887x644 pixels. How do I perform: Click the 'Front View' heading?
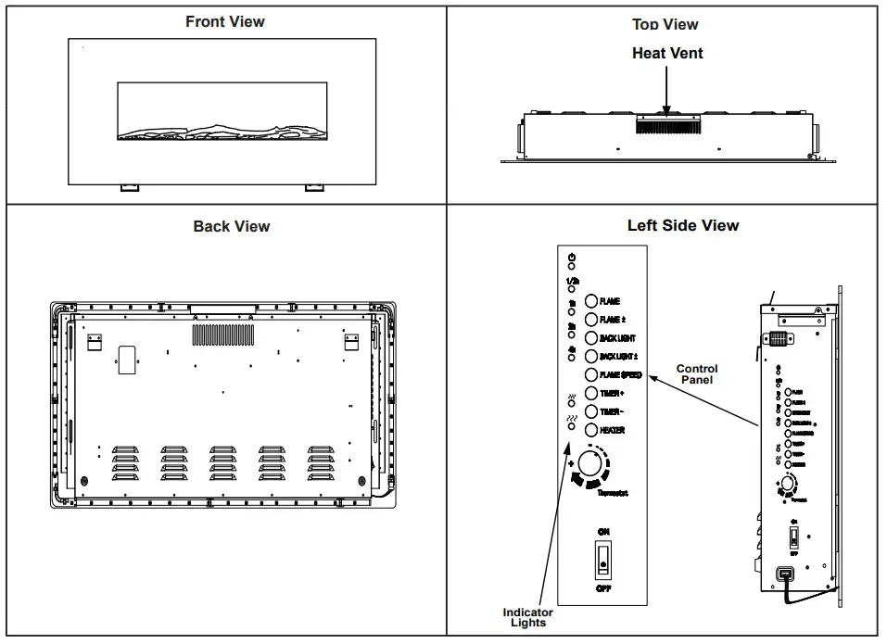point(224,21)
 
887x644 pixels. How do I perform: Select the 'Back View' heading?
point(232,226)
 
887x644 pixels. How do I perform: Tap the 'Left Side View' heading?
point(683,225)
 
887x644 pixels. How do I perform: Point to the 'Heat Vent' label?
point(667,54)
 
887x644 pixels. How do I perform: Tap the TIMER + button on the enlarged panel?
point(591,394)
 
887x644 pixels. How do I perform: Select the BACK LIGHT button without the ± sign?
point(591,338)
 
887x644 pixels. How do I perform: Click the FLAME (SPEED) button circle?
point(591,375)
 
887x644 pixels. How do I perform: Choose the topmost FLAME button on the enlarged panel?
point(591,302)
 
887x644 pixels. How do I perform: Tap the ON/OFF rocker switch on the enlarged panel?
point(603,560)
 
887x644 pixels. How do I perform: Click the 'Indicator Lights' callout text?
point(527,617)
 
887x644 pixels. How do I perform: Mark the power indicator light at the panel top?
point(572,266)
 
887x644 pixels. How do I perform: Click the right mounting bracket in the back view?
point(351,343)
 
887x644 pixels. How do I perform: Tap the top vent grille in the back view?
point(222,335)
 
